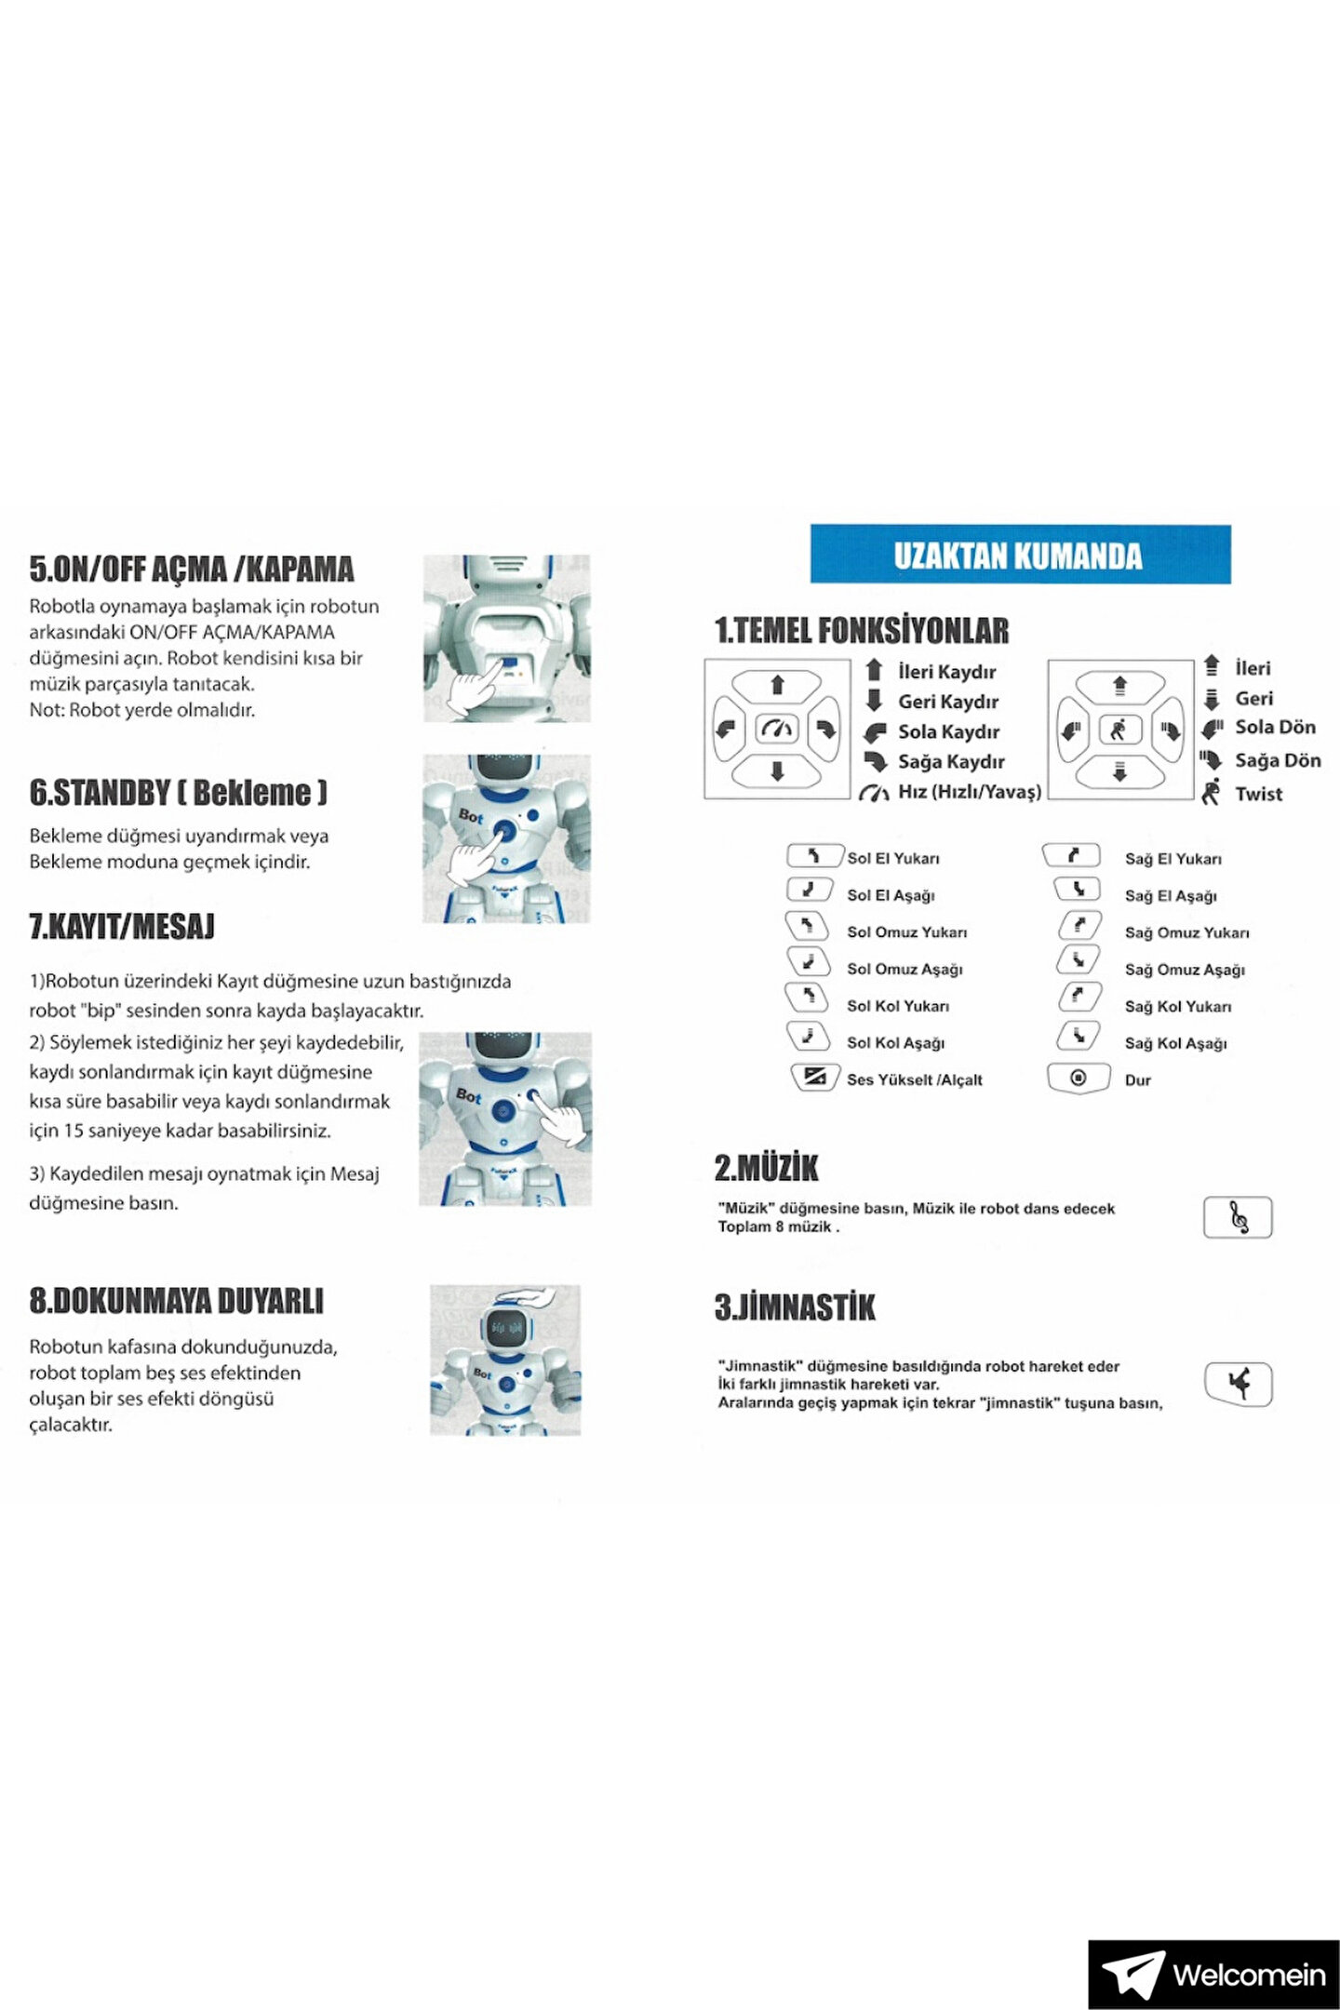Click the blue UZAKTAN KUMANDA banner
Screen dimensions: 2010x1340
[x=1020, y=555]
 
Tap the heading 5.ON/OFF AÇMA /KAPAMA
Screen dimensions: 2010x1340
[x=192, y=569]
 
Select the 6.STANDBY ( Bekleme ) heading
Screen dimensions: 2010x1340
[x=179, y=792]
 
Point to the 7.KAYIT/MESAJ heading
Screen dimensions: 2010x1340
[x=122, y=926]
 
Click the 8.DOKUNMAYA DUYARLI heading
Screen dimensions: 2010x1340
[x=177, y=1301]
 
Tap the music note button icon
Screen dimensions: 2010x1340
[x=1238, y=1217]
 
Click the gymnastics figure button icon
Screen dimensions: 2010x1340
[x=1238, y=1384]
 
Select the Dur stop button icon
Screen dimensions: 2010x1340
[x=1079, y=1079]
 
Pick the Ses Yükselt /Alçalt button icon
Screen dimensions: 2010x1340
[x=814, y=1078]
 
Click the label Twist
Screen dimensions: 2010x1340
[x=1258, y=794]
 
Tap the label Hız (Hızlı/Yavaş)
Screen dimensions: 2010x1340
[x=969, y=792]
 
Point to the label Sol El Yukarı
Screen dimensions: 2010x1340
[x=892, y=858]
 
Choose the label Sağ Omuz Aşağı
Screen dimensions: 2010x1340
[x=1184, y=970]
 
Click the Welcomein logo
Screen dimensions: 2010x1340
[x=1213, y=1974]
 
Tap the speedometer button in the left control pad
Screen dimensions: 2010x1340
[x=777, y=729]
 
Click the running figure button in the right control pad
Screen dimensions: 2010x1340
[x=1119, y=730]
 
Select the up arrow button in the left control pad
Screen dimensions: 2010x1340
[x=777, y=686]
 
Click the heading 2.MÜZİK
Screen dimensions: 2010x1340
[x=766, y=1168]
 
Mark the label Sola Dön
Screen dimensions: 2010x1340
[x=1275, y=728]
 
